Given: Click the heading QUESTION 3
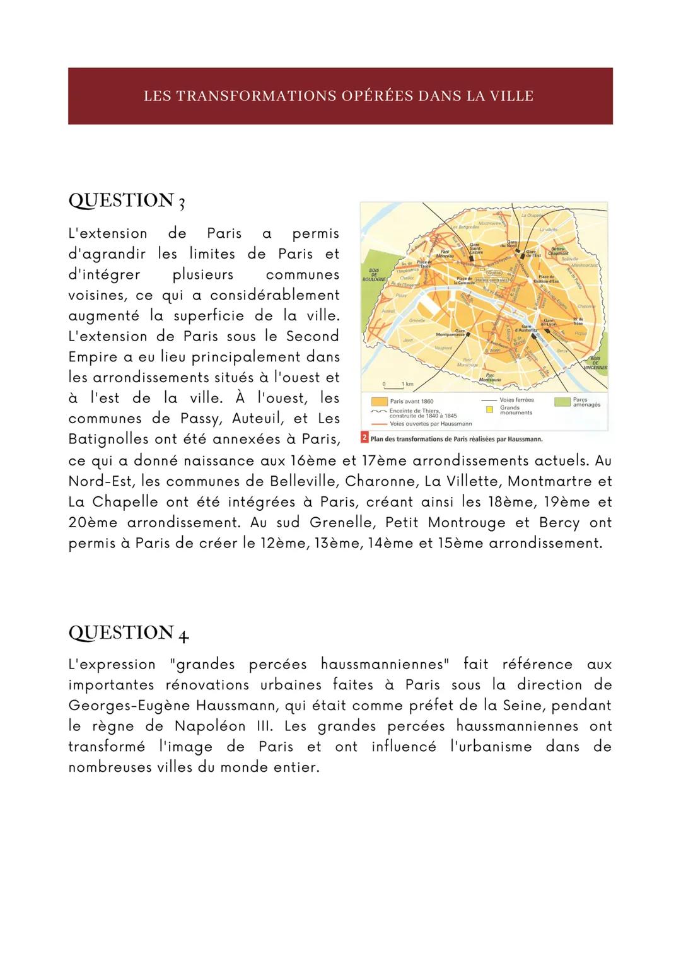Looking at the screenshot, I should coord(126,201).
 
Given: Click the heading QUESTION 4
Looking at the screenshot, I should coord(128,633).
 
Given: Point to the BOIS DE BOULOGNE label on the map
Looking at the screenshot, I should coord(373,275).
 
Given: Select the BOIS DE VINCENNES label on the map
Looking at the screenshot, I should coord(595,363).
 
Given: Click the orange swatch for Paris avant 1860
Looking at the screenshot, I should coord(379,401).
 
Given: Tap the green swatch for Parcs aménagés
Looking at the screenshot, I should coord(561,402).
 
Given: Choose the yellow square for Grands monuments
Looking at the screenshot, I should coord(489,410).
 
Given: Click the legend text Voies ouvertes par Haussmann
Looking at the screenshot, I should coord(430,424).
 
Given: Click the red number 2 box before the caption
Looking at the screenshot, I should coord(364,438).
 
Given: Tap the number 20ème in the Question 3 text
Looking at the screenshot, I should coord(93,523).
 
